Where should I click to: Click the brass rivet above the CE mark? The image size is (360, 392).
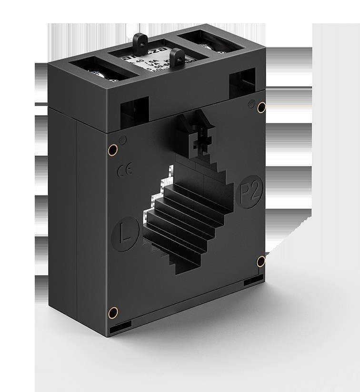click(112, 150)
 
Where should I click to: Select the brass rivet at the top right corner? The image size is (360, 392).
click(261, 108)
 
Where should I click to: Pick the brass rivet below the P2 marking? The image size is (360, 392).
click(261, 261)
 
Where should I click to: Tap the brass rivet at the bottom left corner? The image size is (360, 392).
click(113, 312)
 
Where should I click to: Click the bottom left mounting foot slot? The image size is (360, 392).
click(120, 328)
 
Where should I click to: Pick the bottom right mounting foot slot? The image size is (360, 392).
click(253, 282)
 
